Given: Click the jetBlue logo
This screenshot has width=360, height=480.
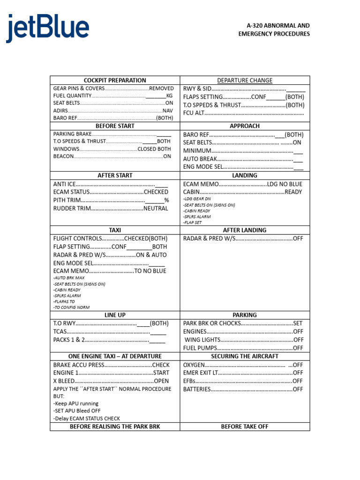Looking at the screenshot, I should coord(47,29).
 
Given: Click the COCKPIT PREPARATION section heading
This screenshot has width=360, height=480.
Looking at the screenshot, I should coord(115,80).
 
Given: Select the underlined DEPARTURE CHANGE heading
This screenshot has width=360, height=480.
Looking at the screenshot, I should coord(245,80).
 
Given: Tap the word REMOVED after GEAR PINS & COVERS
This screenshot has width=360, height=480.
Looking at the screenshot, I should coord(161,88).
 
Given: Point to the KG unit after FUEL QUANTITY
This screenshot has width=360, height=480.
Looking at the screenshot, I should coord(169,96).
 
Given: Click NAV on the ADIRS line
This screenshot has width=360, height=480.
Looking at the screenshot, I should coord(168,111).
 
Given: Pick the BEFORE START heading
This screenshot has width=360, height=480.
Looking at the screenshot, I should coord(115,126).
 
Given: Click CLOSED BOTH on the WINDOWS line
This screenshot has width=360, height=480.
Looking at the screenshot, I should coord(154,149).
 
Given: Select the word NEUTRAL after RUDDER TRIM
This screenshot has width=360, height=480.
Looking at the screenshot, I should coord(156,209).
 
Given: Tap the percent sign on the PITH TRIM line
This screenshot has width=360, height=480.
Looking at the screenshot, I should coord(166,200).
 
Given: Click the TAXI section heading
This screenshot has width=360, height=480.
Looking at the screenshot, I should coord(115,230).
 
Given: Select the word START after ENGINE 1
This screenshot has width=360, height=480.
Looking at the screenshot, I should coord(161,373).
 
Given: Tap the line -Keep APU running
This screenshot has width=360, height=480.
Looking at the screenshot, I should coord(76,404).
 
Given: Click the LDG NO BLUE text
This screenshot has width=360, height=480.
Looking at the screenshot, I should coord(285,184).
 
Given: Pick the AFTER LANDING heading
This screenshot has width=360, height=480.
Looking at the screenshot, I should coord(245,230).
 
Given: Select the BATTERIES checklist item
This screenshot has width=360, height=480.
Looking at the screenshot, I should coord(197,389).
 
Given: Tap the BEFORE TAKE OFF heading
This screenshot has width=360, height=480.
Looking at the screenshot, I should coord(245,427).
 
